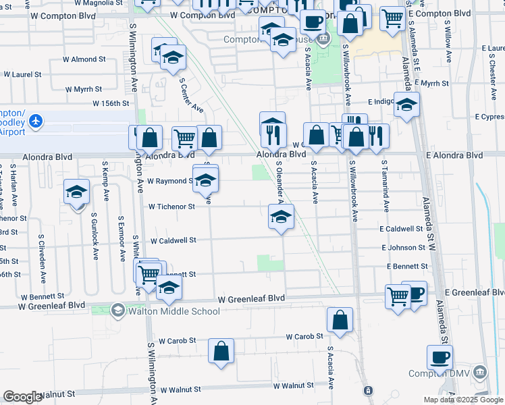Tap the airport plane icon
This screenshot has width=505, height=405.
[x=35, y=122]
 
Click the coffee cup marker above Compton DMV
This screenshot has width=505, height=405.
[x=440, y=357]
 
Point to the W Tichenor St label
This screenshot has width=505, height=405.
[x=171, y=207]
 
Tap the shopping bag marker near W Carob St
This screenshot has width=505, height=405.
[x=221, y=351]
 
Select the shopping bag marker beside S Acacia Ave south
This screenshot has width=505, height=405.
[x=340, y=321]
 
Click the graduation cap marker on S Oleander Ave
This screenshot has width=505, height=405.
[x=281, y=217]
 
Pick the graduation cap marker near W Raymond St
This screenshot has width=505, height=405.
[x=206, y=179]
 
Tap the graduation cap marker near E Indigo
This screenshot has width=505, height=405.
[x=406, y=105]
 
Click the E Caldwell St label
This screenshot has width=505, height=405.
[x=400, y=230]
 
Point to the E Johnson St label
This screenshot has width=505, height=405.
[x=403, y=248]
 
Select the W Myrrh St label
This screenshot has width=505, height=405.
[x=84, y=89]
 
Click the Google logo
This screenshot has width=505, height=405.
[x=22, y=397]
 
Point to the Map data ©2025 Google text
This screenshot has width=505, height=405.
[x=463, y=400]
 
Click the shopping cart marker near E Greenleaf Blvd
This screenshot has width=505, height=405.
[x=398, y=296]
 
